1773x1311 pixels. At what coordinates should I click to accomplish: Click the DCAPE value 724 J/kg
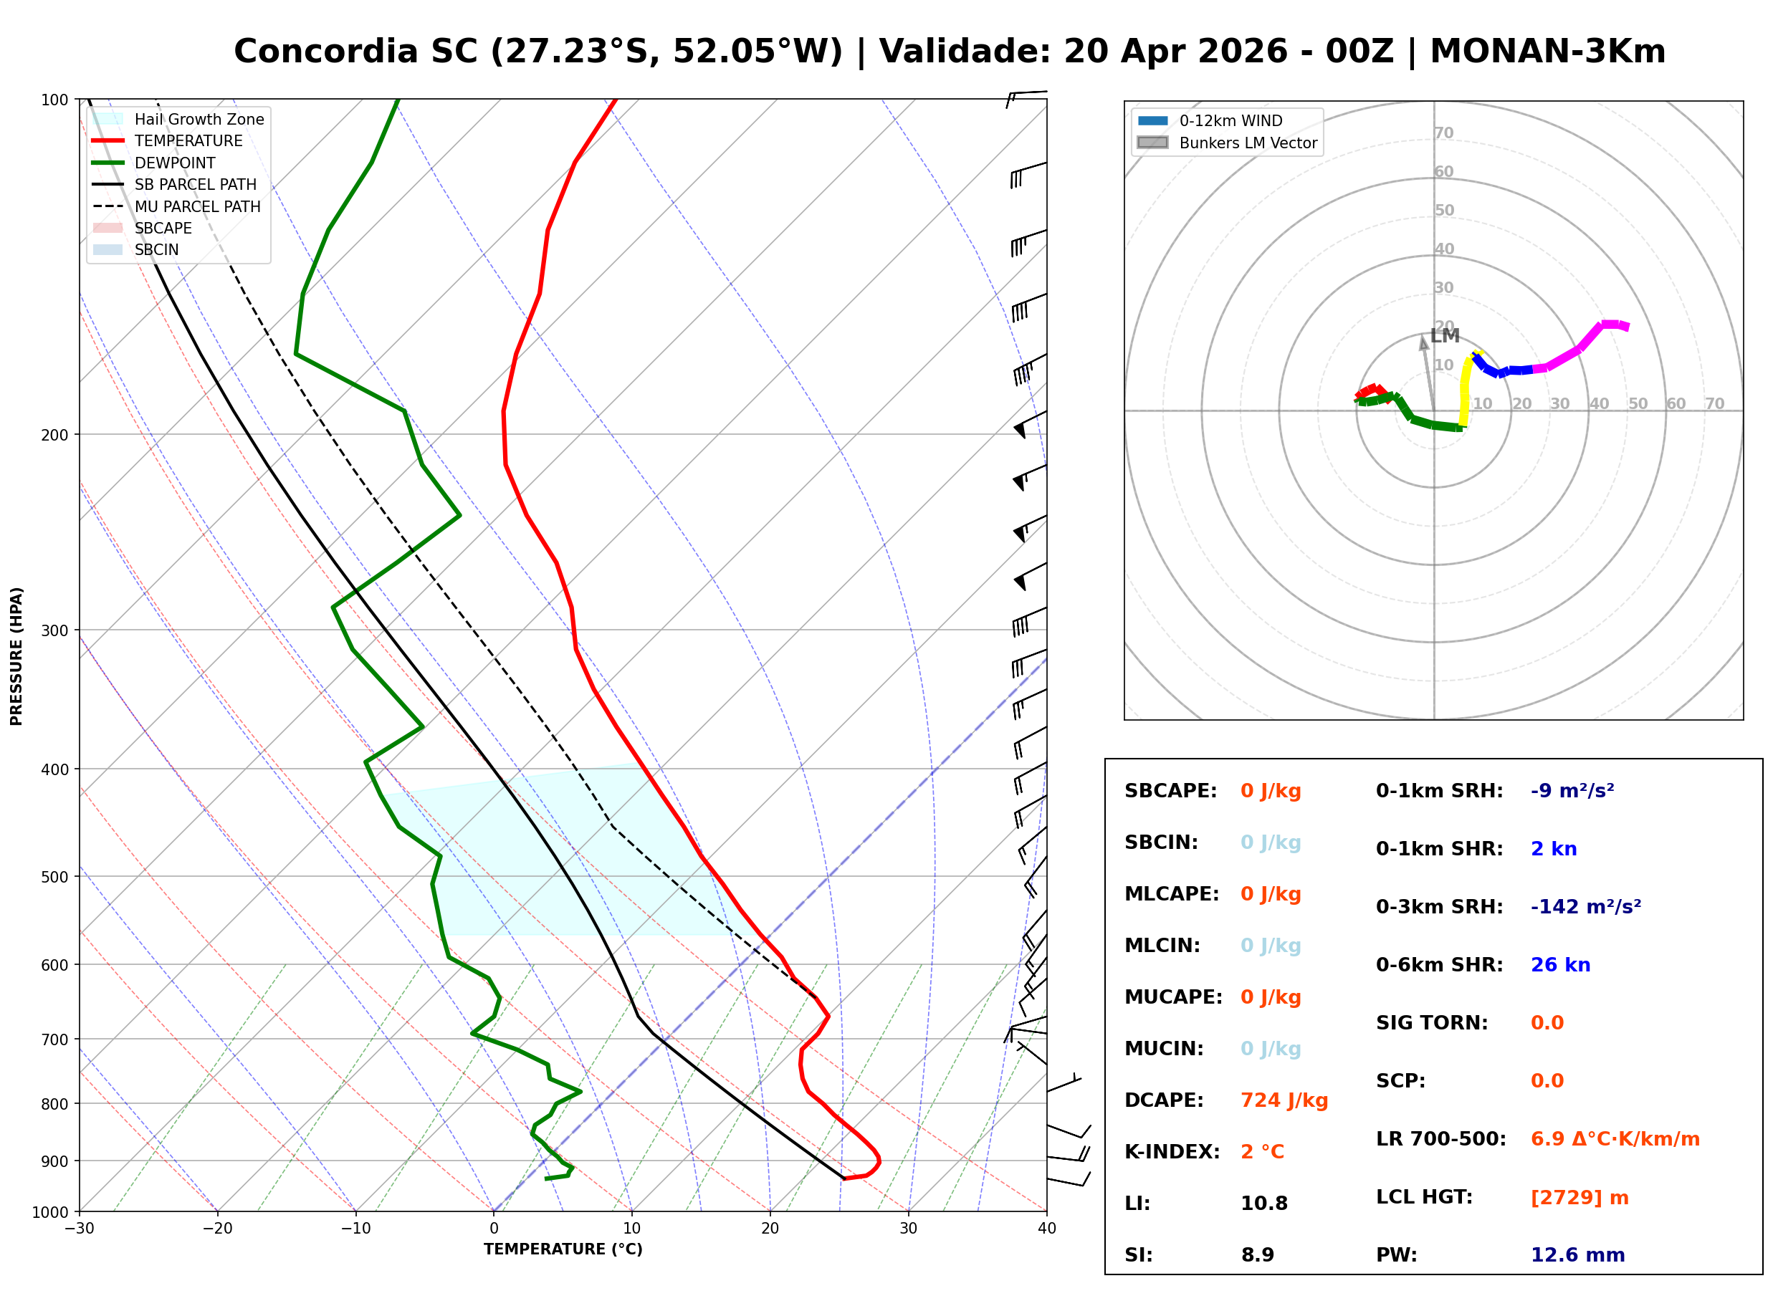(x=1284, y=1100)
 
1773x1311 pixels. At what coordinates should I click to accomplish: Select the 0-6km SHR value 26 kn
(x=1559, y=965)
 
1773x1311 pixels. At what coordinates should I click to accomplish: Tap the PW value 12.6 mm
(x=1577, y=1255)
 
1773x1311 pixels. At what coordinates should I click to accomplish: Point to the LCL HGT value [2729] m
(x=1579, y=1198)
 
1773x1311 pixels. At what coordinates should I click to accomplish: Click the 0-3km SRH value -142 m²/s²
(x=1585, y=906)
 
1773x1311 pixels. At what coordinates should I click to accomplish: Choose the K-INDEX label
(x=1172, y=1152)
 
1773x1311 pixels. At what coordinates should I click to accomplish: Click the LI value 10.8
(x=1263, y=1204)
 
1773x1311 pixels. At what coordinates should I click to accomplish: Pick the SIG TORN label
(x=1431, y=1023)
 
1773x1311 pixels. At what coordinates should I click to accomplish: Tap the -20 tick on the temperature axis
(x=217, y=1229)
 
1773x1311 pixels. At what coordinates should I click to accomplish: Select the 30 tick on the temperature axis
(x=908, y=1229)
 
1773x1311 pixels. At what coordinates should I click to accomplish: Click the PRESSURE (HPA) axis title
(x=16, y=656)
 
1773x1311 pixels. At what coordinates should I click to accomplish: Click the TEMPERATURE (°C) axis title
(x=563, y=1249)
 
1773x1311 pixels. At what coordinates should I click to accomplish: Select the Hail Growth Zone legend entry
(x=178, y=119)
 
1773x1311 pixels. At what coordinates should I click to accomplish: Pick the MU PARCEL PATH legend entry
(x=176, y=206)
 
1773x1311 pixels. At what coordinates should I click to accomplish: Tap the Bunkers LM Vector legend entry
(x=1227, y=143)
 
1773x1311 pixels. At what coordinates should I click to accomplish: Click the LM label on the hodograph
(x=1445, y=336)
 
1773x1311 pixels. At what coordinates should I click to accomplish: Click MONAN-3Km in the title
(x=1547, y=52)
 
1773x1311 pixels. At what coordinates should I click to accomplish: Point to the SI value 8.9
(x=1257, y=1255)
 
